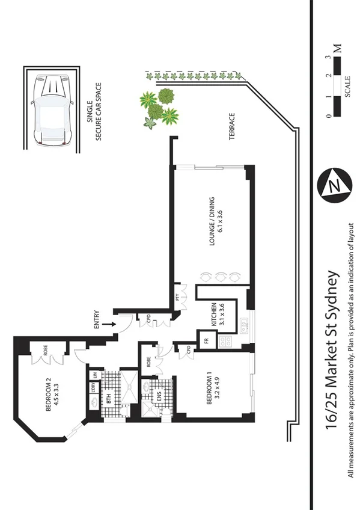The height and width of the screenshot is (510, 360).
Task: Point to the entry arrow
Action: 108,325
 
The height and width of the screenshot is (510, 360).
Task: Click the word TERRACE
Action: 231,127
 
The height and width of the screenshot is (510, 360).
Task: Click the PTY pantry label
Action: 178,297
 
